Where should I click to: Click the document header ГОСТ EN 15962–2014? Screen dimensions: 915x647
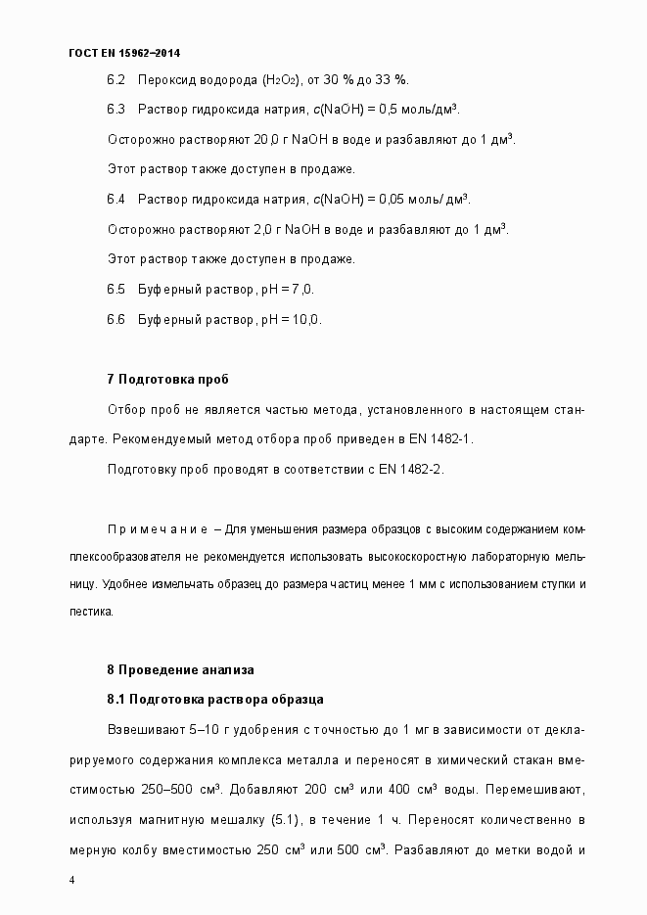click(x=124, y=52)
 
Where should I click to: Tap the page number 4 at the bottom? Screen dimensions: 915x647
click(x=72, y=880)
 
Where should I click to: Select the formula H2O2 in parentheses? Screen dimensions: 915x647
click(x=281, y=79)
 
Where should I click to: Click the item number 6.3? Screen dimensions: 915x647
click(x=116, y=109)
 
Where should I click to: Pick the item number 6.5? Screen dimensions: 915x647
click(x=116, y=290)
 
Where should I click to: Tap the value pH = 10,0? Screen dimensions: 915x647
click(x=290, y=320)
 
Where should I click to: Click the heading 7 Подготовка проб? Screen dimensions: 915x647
click(x=167, y=379)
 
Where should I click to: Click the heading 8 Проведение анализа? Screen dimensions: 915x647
click(x=180, y=670)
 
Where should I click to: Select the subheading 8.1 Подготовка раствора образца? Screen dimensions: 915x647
click(x=214, y=700)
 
